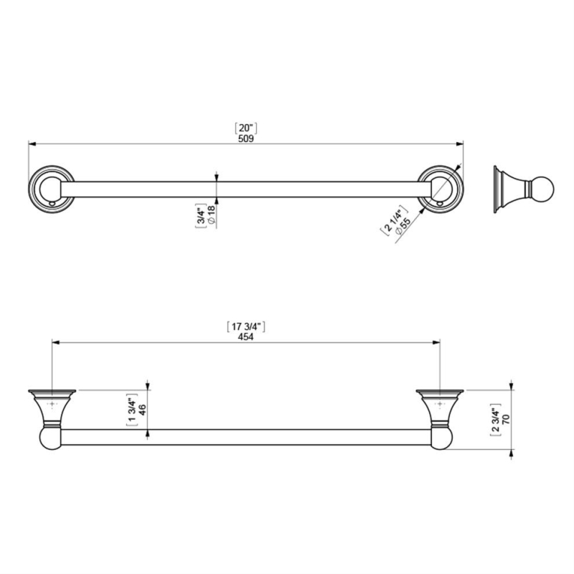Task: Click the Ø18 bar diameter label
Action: (212, 214)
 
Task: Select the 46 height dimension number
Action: (142, 410)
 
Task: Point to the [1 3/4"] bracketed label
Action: (131, 410)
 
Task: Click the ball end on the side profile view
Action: (545, 189)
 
